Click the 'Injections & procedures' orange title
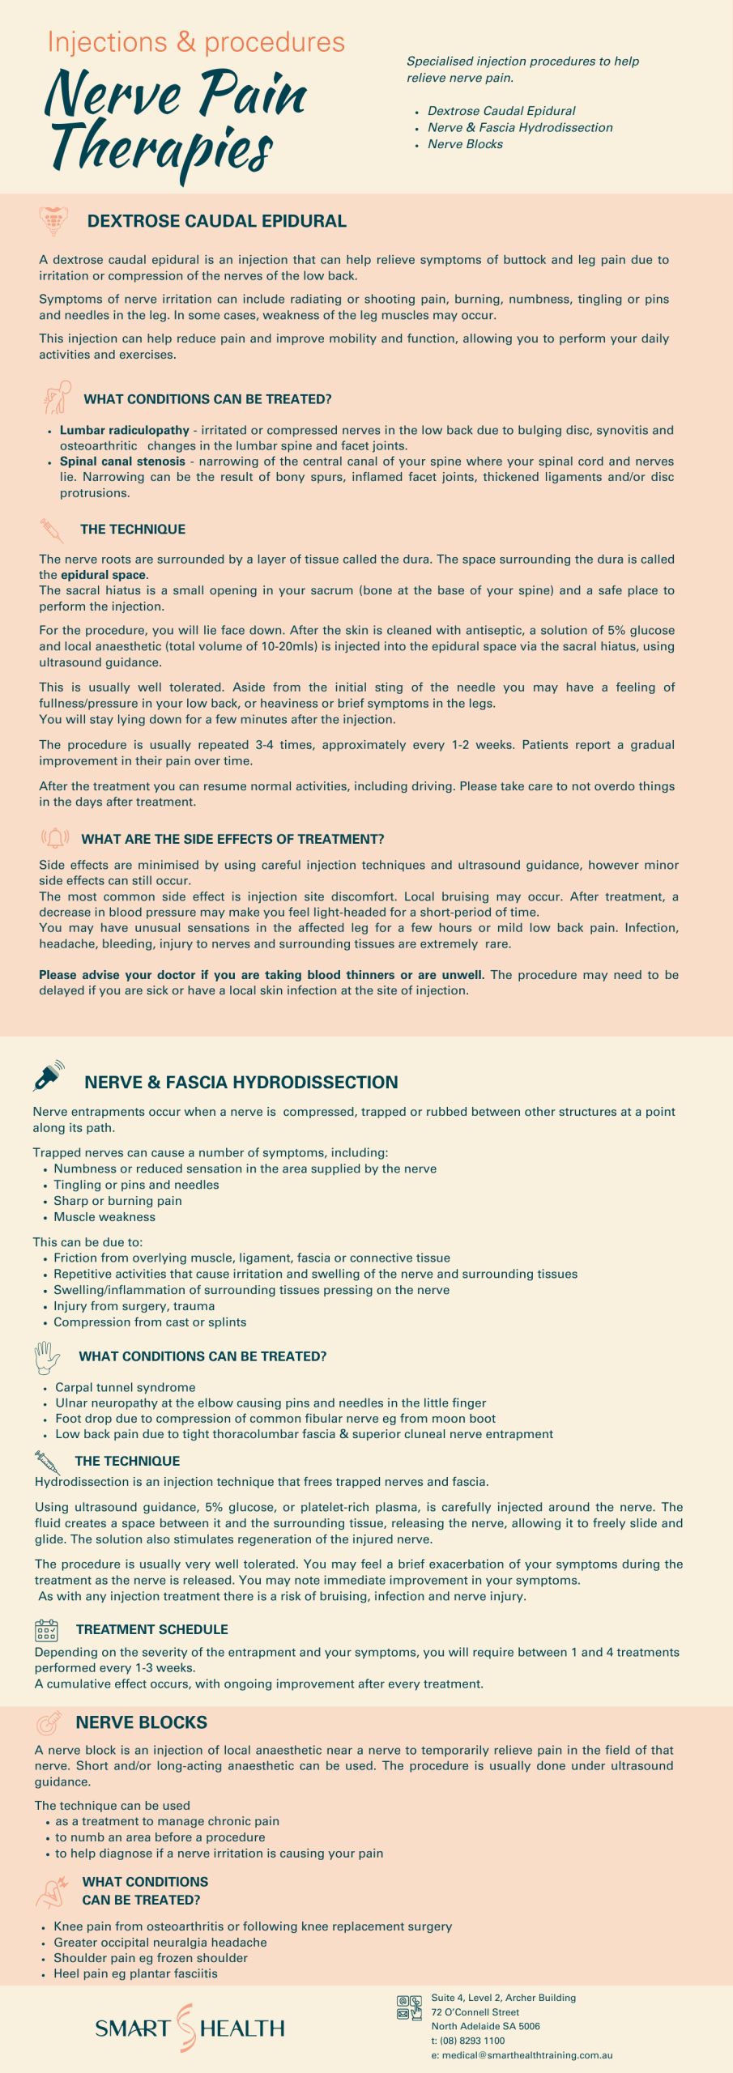tap(196, 42)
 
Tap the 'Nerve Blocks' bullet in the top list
tap(465, 144)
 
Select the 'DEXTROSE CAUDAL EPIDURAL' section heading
tap(216, 221)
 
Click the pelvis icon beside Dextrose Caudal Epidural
tap(53, 220)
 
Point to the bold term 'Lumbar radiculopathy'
tap(124, 430)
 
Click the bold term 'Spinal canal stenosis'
tap(122, 462)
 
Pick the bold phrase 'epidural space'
tap(103, 575)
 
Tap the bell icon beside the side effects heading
tap(55, 837)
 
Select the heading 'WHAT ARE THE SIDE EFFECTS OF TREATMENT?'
tap(232, 839)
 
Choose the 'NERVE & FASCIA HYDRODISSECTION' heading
tap(241, 1082)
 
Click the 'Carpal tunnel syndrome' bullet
tap(125, 1387)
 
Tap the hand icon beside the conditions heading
tap(46, 1357)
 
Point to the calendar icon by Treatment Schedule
tap(46, 1630)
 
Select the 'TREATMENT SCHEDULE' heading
tap(151, 1629)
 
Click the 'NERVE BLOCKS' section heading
tap(141, 1722)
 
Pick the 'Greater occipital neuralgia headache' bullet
tap(160, 1942)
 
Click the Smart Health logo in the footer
tap(190, 2028)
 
